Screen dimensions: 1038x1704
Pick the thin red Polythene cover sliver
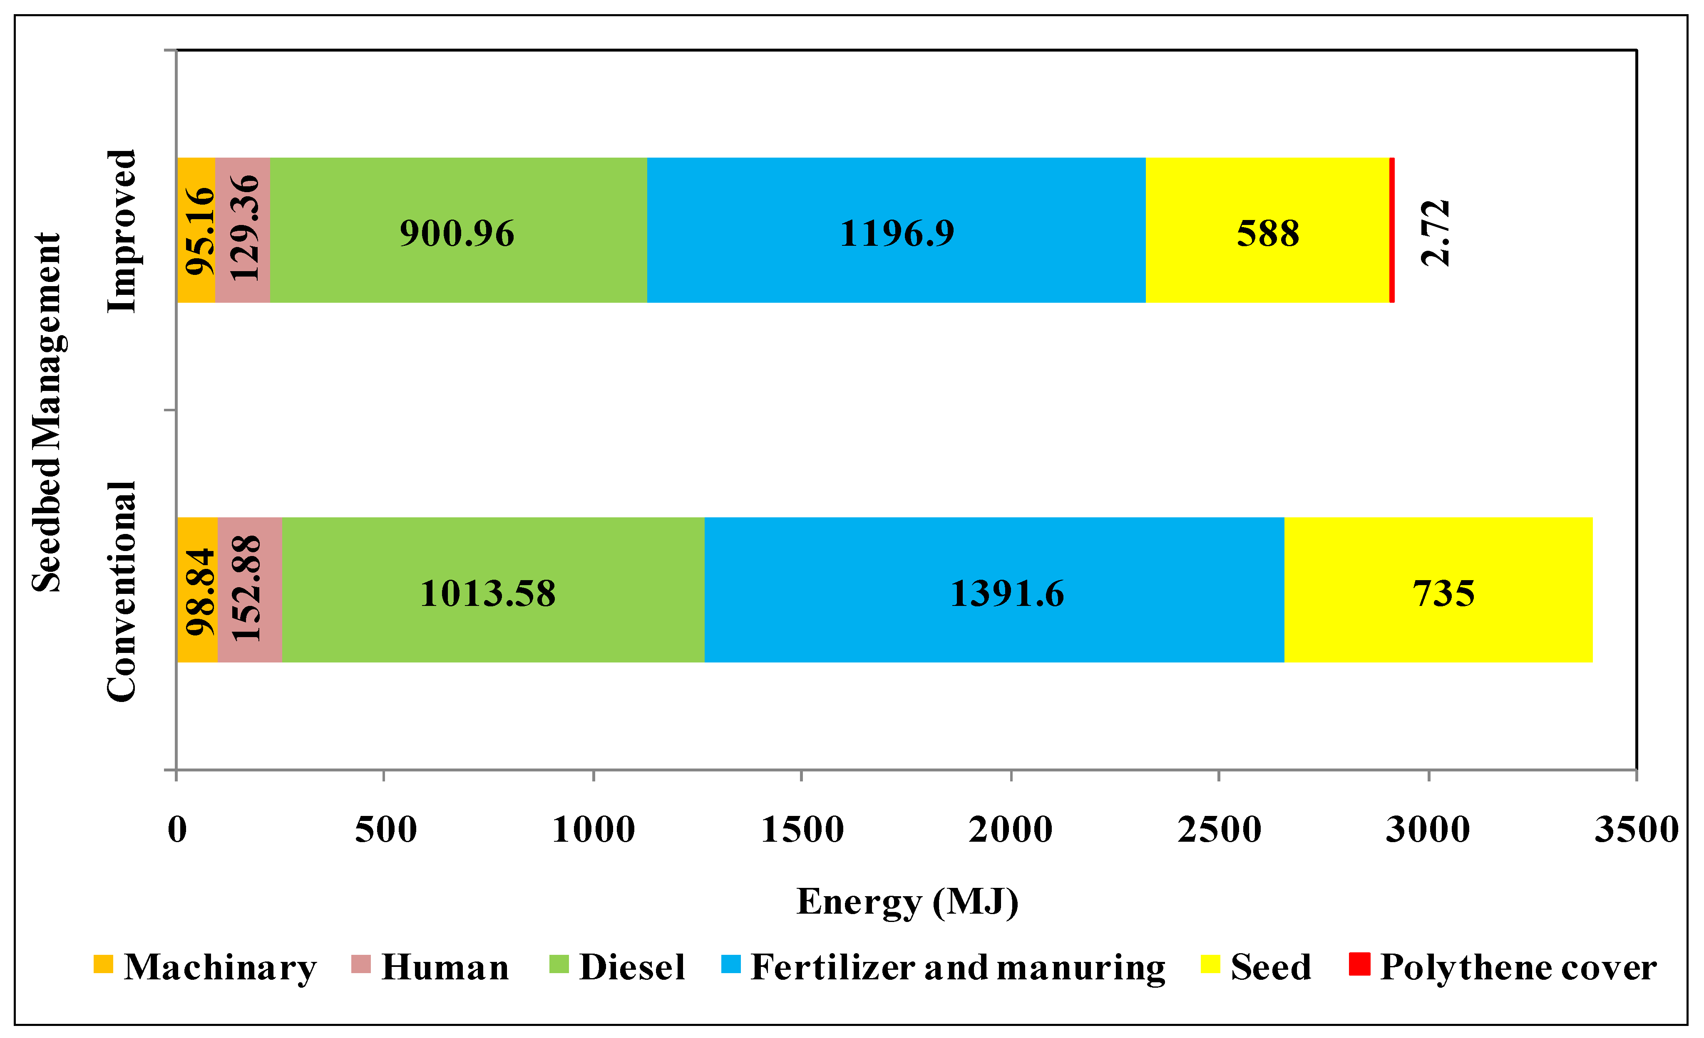1391,230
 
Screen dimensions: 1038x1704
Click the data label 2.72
1436,233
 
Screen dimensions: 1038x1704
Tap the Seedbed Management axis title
47,413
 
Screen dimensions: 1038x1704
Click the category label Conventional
122,591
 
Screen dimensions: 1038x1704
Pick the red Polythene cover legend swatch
1359,964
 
